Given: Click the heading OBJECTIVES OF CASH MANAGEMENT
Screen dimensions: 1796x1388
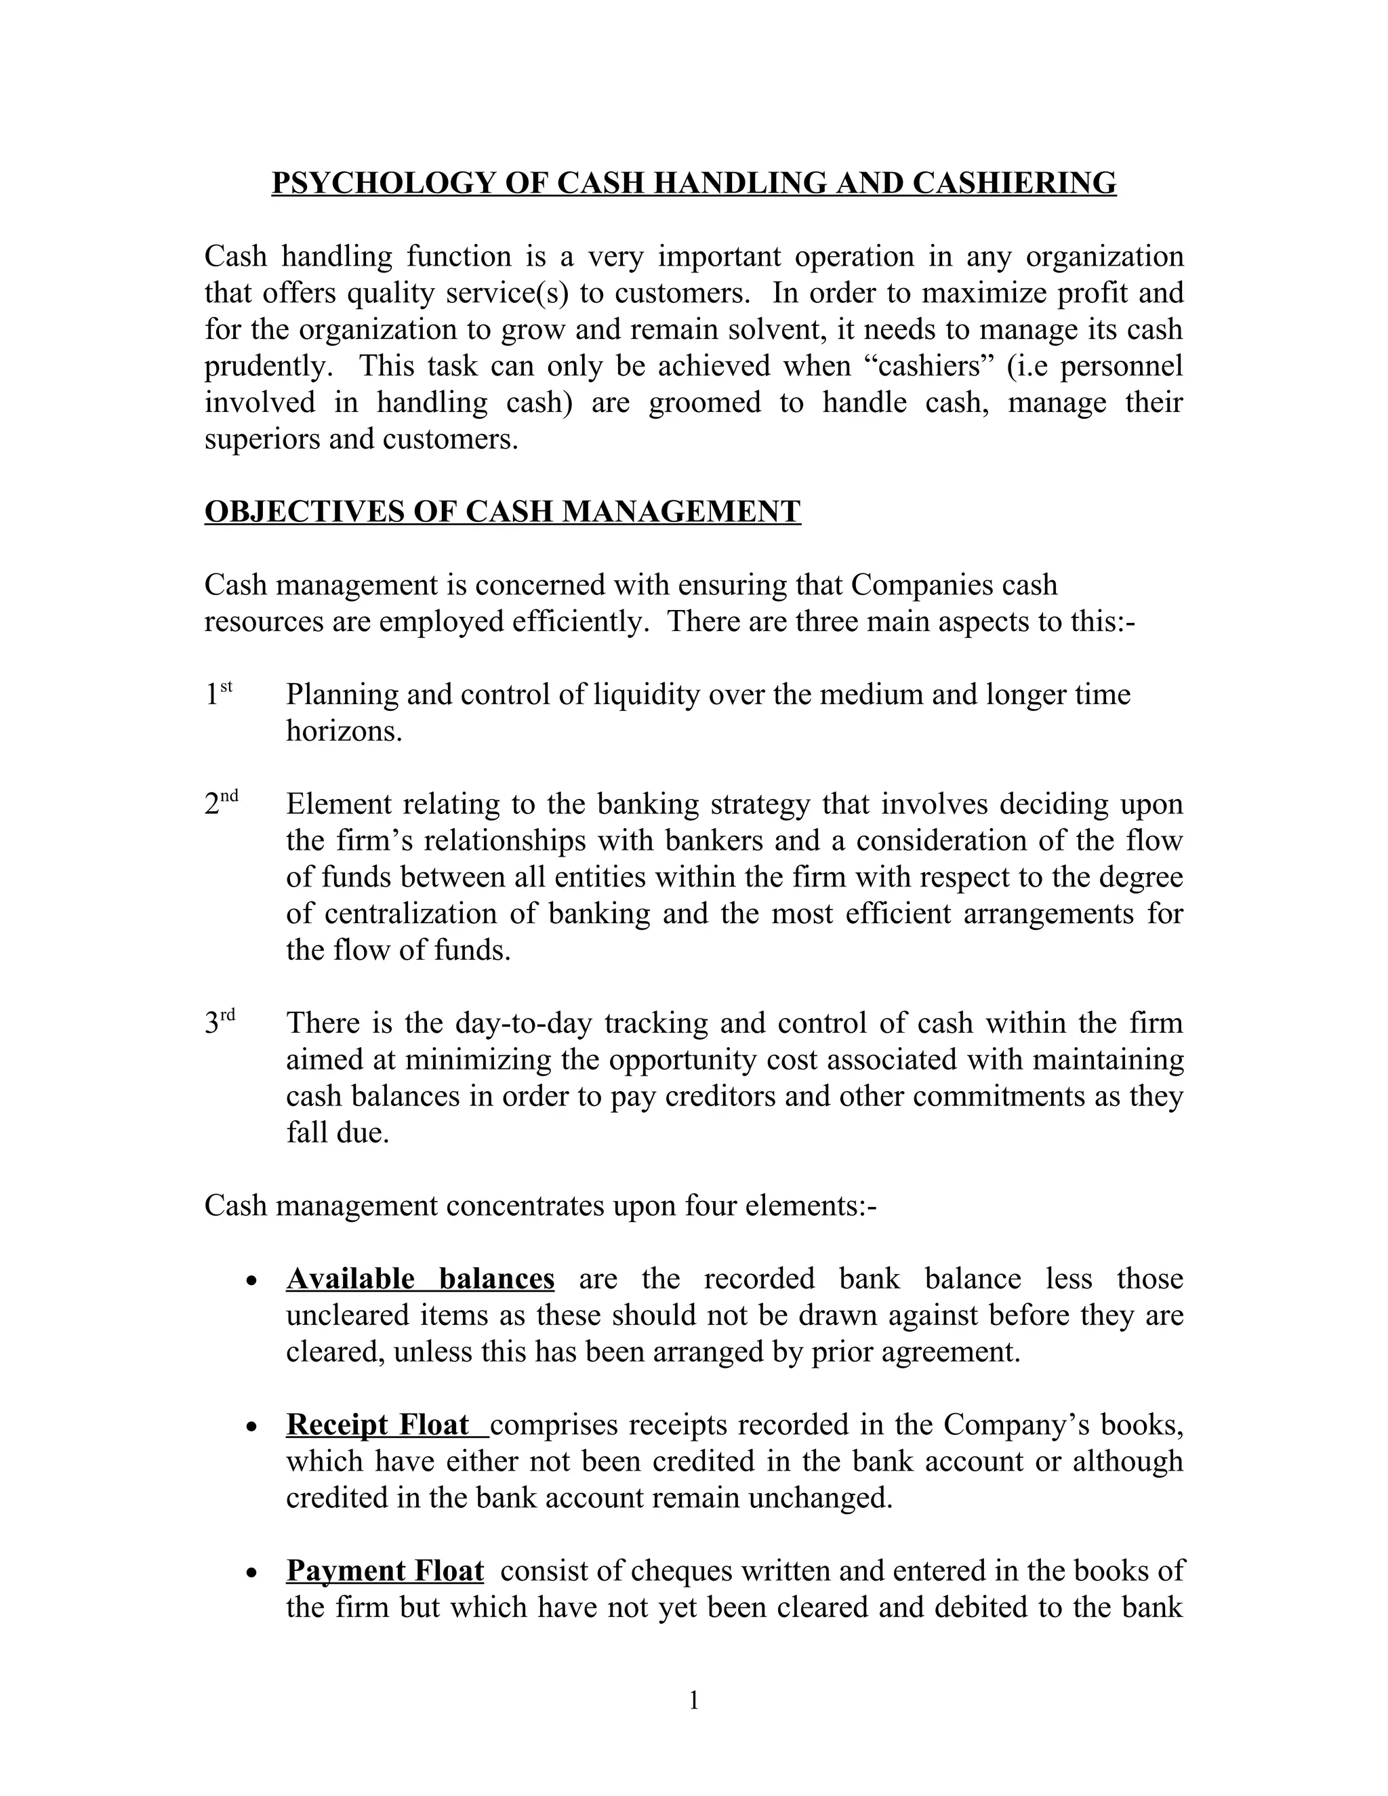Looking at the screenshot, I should (x=502, y=512).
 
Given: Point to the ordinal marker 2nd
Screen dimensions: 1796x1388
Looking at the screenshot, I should (x=220, y=802).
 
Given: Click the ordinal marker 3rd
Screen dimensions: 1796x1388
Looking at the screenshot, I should (x=220, y=1022).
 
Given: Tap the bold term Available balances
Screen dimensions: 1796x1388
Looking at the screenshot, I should (x=420, y=1279).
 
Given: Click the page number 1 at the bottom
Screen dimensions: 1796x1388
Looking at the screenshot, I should (x=693, y=1700).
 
